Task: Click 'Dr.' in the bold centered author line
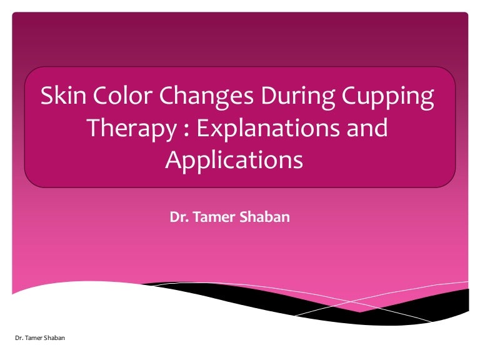[x=178, y=218]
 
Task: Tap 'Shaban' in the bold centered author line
[x=267, y=218]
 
